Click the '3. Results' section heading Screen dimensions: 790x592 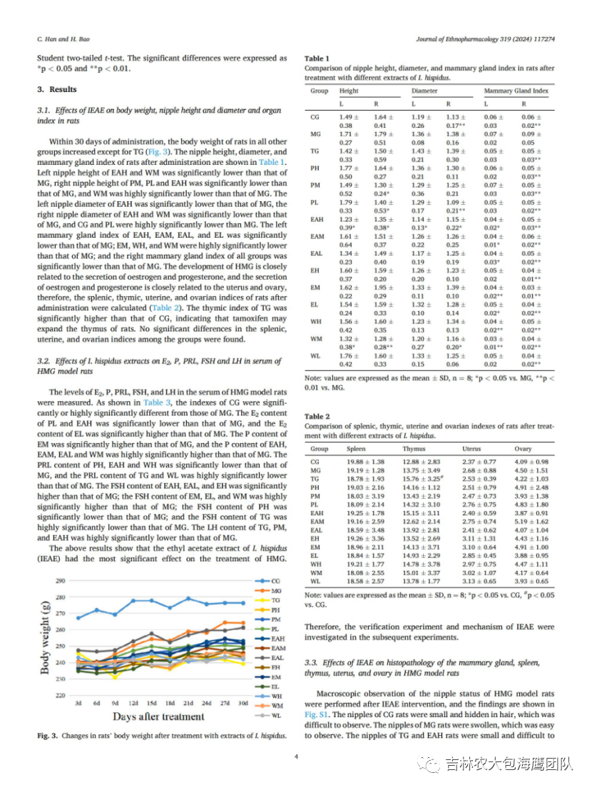pyautogui.click(x=57, y=89)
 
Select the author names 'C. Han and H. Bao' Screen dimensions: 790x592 pyautogui.click(x=59, y=38)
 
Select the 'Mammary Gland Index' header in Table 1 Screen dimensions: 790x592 pyautogui.click(x=516, y=91)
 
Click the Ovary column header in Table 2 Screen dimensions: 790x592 pyautogui.click(x=523, y=449)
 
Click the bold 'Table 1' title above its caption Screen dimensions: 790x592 pyautogui.click(x=317, y=58)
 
